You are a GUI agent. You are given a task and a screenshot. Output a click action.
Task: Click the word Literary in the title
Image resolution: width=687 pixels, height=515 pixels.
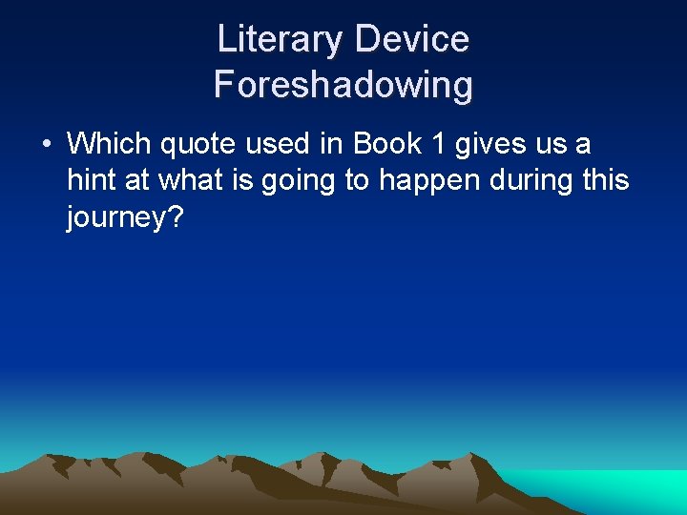tap(280, 40)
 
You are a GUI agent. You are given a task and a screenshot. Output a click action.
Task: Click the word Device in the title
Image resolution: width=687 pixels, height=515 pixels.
tap(412, 40)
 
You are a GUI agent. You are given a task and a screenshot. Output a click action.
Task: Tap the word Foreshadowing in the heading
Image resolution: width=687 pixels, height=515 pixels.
tap(343, 85)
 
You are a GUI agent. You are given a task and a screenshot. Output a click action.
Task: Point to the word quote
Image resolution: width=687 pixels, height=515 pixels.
tap(197, 145)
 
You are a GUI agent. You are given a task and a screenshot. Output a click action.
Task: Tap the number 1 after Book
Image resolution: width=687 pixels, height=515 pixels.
tap(438, 145)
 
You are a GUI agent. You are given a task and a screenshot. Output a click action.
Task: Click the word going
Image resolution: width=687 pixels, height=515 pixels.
tap(292, 181)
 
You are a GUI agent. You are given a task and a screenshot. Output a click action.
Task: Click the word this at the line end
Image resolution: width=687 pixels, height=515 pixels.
tap(604, 181)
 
